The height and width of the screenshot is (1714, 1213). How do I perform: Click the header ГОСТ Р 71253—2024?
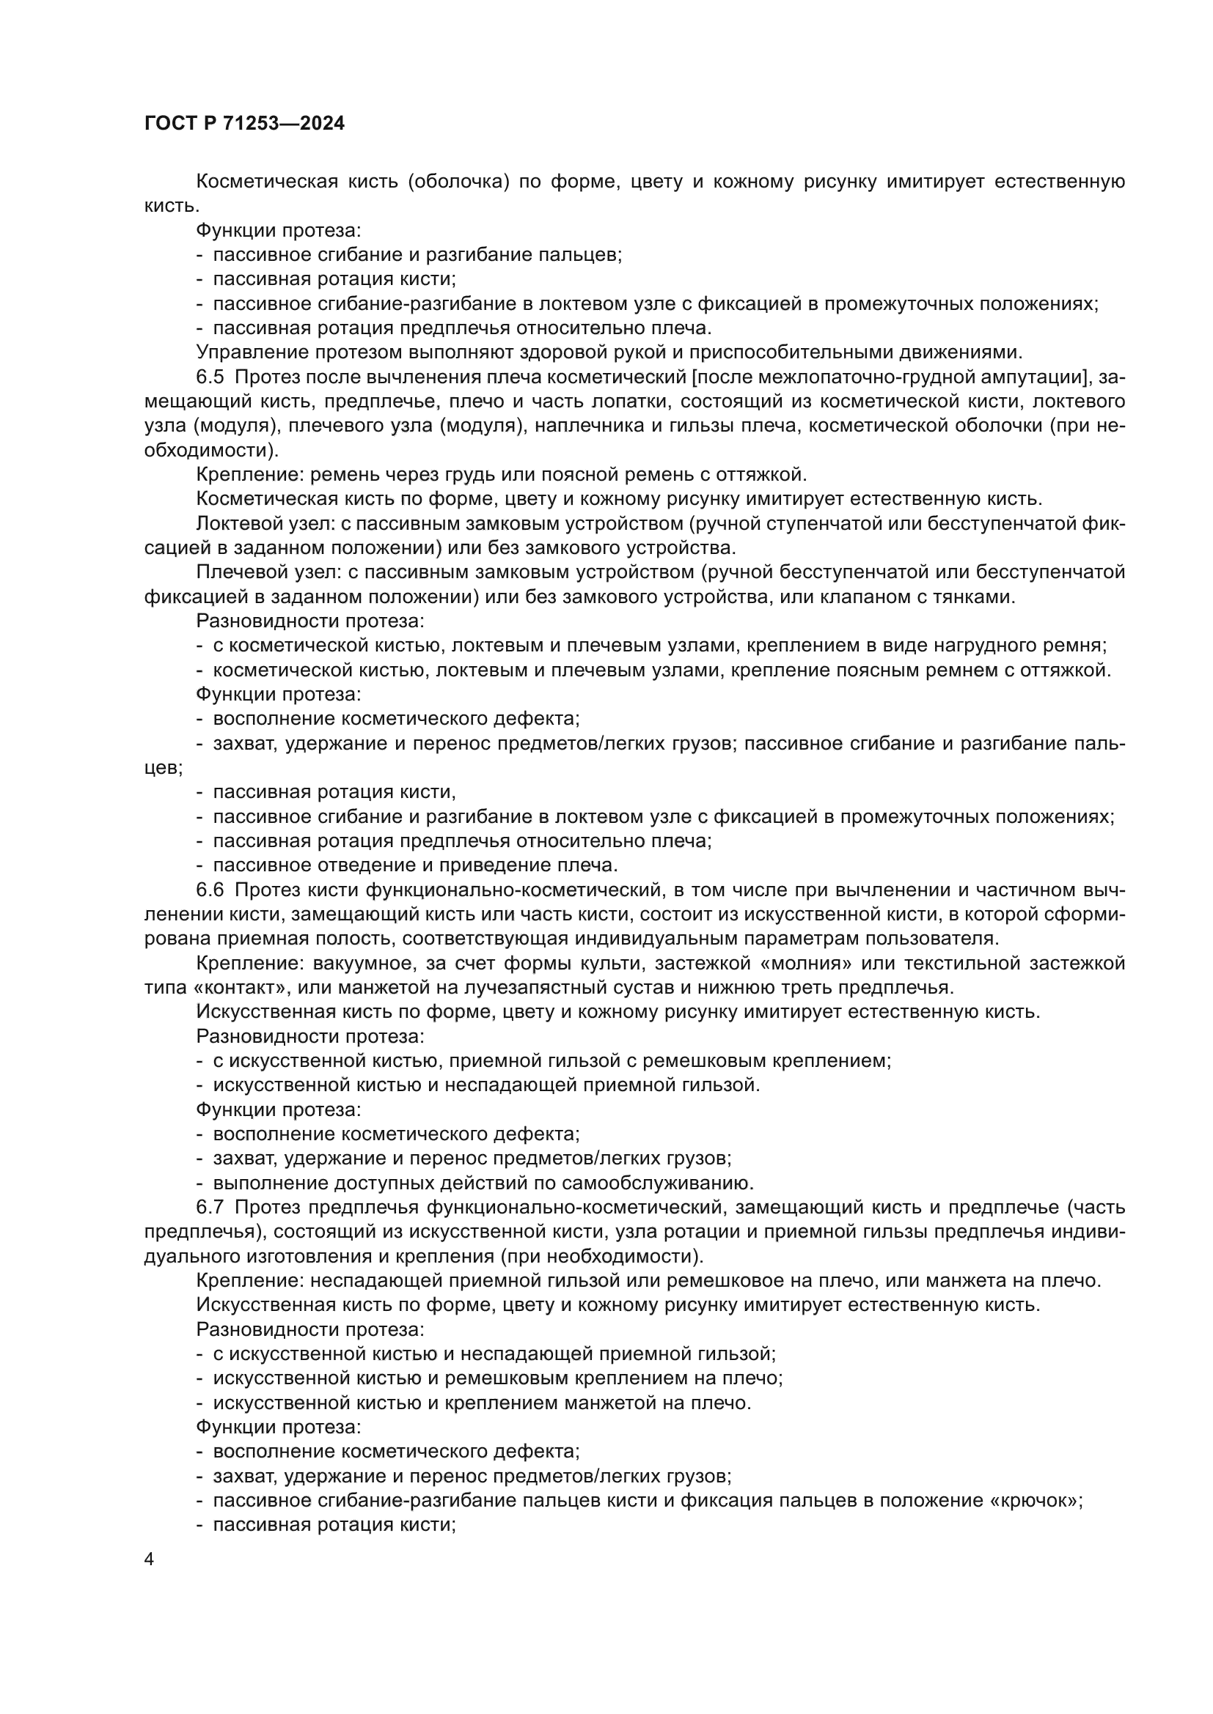(x=244, y=124)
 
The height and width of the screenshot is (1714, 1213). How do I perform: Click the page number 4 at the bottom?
(x=150, y=1559)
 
